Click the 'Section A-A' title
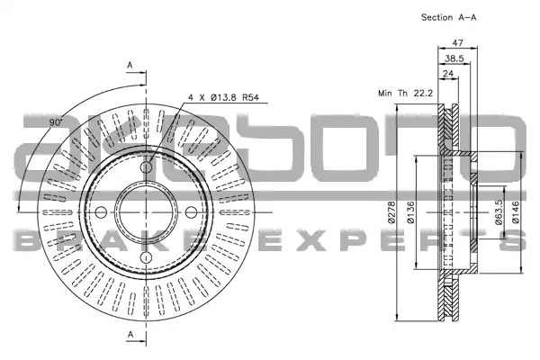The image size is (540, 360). click(448, 17)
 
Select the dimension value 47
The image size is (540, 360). click(457, 42)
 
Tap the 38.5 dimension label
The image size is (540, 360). click(454, 58)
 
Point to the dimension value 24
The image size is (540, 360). click(448, 74)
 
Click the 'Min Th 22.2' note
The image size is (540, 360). click(405, 93)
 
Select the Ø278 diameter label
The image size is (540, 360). click(391, 211)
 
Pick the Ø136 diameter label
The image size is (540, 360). click(410, 212)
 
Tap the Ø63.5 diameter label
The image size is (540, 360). click(499, 212)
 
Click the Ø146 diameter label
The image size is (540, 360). click(515, 212)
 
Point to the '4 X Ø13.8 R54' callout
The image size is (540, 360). click(223, 97)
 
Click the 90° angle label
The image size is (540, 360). click(56, 122)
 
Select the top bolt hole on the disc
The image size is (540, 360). click(146, 167)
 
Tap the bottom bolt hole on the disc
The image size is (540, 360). click(147, 257)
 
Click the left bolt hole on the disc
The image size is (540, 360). click(101, 212)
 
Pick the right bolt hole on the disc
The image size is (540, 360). click(191, 212)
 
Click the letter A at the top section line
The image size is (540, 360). click(130, 65)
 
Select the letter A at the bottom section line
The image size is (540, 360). click(130, 334)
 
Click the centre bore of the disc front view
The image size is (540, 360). click(146, 212)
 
